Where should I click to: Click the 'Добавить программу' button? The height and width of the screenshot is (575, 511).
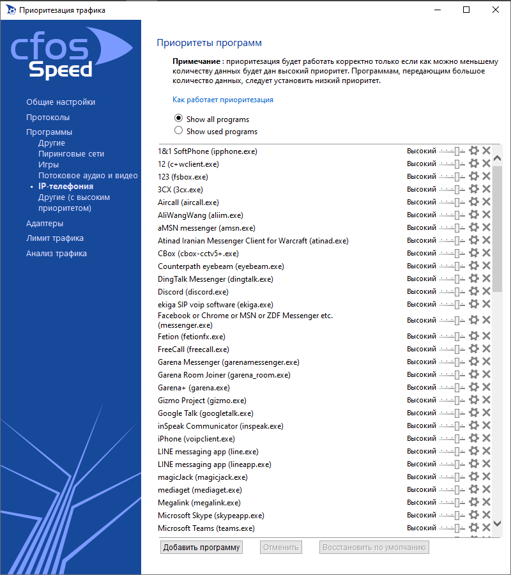click(201, 548)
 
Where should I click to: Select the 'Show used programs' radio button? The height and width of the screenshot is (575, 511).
click(179, 131)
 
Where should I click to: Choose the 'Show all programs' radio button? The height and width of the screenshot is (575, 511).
click(179, 119)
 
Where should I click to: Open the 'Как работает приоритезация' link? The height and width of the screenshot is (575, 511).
click(223, 100)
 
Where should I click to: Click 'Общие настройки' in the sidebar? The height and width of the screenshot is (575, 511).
click(61, 102)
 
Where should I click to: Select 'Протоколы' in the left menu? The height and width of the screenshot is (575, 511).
click(48, 118)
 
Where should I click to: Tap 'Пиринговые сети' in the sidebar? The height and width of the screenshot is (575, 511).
click(71, 154)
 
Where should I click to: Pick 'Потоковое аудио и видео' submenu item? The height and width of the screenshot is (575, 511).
click(88, 175)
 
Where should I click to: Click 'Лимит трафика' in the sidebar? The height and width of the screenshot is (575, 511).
click(55, 238)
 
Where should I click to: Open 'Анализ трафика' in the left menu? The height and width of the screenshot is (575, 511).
click(56, 254)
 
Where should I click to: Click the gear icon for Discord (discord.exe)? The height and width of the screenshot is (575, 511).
click(474, 291)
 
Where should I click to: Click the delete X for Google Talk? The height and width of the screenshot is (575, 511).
click(486, 413)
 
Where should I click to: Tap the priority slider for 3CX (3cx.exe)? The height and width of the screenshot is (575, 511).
click(452, 189)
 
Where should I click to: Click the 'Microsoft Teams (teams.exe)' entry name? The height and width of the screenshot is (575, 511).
click(206, 528)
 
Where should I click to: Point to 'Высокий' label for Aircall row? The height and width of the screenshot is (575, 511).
click(422, 202)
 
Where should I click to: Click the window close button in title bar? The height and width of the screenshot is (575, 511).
click(496, 10)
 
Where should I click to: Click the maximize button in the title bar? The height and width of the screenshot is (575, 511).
click(466, 10)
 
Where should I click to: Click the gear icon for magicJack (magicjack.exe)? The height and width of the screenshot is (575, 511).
click(474, 477)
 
